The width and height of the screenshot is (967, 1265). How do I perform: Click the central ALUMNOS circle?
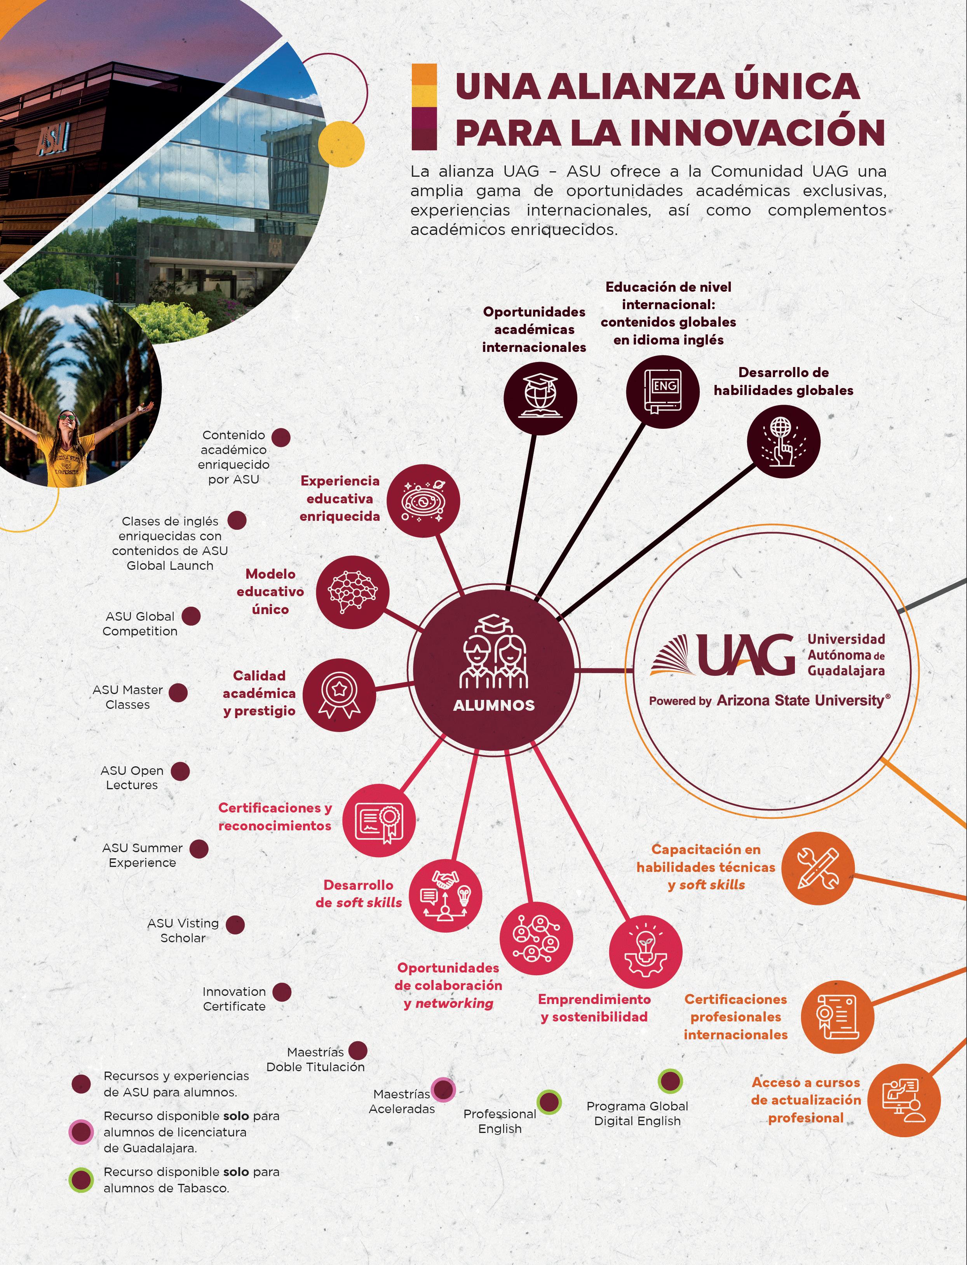(x=493, y=670)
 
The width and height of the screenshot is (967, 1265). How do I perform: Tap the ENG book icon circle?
(x=662, y=391)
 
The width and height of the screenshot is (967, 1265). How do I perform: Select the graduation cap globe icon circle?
(x=540, y=397)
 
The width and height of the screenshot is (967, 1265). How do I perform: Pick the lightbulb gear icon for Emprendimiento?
(x=645, y=952)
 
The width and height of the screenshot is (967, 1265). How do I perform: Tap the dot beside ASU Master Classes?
(x=178, y=693)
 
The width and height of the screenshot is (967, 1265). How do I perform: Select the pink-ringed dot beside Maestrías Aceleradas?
(x=443, y=1089)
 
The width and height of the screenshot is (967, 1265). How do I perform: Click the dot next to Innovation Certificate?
(x=281, y=992)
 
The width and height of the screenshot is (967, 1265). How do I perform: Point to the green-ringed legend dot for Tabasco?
(x=81, y=1180)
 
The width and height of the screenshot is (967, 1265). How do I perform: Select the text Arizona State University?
(x=800, y=701)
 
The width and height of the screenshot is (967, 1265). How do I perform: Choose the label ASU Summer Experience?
(x=142, y=855)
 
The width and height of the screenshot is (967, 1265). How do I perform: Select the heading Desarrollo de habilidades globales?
(x=783, y=381)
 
